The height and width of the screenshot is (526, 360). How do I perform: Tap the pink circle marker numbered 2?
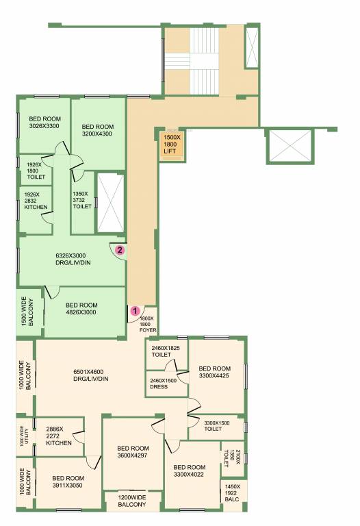coord(119,250)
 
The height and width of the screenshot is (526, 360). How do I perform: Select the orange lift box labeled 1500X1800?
coord(170,145)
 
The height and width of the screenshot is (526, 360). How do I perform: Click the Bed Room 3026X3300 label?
coord(45,122)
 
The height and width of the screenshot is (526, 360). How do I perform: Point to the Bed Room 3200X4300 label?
coord(97,129)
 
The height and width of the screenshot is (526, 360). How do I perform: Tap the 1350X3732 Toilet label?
coord(82,199)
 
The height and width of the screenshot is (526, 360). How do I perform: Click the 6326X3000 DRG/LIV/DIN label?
coord(70,259)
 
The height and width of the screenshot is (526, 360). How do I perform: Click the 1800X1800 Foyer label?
coord(149,324)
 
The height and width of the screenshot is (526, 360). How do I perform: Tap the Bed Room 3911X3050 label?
coord(68,482)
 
